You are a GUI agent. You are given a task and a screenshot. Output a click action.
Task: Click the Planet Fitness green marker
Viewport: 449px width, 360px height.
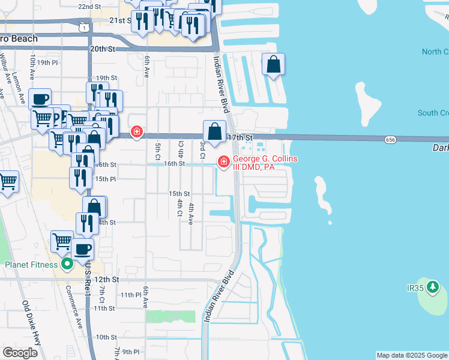tap(67, 264)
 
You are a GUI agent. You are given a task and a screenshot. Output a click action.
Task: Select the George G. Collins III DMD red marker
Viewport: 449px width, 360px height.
tap(224, 161)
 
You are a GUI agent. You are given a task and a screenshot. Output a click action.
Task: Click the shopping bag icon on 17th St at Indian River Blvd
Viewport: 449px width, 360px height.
tap(214, 131)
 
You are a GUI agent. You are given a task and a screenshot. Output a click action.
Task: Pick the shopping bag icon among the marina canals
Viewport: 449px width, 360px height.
tap(273, 64)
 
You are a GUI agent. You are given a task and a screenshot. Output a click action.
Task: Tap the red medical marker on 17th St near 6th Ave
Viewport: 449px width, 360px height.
tap(137, 132)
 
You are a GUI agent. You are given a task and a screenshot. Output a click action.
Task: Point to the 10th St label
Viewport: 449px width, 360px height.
tap(106, 337)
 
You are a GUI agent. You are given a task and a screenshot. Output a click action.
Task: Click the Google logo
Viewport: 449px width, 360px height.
tap(20, 353)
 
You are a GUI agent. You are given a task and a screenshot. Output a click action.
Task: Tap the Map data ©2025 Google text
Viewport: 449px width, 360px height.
tap(412, 355)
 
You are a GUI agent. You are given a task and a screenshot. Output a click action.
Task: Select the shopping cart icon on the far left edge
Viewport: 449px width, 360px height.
tap(7, 181)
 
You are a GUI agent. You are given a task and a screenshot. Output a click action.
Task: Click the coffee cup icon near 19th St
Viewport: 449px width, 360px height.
tap(40, 99)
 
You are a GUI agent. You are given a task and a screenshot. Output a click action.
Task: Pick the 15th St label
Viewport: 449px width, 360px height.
tap(179, 194)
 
